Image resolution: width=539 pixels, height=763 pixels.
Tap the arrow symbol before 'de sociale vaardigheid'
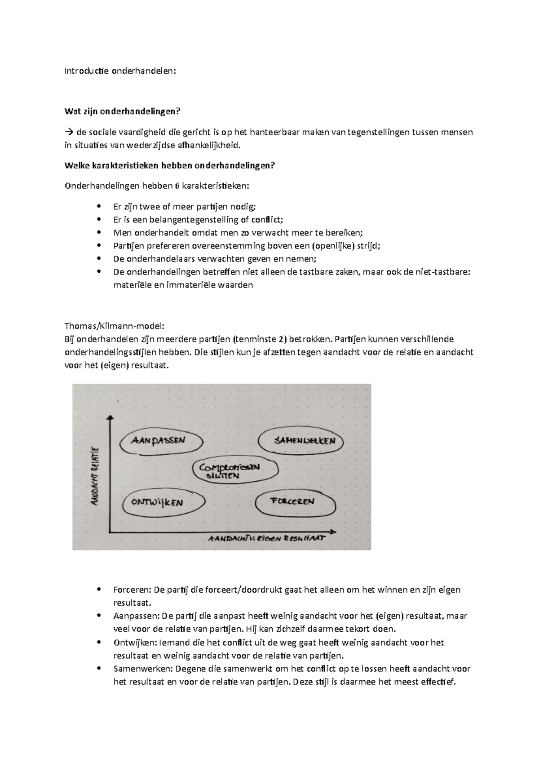click(69, 133)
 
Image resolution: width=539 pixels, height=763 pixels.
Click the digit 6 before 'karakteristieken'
click(177, 186)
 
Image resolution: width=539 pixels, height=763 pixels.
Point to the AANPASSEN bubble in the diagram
click(158, 441)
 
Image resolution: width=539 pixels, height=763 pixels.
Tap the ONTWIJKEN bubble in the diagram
click(157, 502)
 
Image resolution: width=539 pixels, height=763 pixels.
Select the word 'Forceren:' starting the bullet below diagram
click(132, 590)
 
